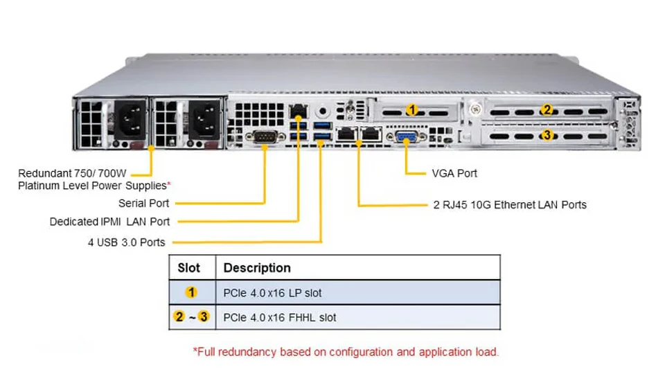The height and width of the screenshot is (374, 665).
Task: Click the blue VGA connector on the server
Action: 407,136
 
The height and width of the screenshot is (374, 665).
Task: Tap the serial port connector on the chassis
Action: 265,136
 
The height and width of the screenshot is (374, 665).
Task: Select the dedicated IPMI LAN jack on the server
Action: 298,111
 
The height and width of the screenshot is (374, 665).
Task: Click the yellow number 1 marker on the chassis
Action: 411,110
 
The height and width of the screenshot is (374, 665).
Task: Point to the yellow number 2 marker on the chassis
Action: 547,110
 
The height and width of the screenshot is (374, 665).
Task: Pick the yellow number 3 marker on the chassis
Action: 547,135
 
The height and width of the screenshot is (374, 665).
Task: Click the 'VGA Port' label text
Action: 454,173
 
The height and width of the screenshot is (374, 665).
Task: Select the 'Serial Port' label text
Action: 144,204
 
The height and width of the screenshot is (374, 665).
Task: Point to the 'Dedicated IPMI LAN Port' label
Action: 109,222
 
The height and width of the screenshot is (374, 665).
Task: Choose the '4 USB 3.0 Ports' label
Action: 126,242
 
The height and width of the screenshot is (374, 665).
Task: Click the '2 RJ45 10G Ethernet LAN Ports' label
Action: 510,205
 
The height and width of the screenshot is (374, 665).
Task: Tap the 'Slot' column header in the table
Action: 188,268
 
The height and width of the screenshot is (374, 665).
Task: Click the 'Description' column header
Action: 257,268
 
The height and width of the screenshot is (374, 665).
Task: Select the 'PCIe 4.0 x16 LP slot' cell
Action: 272,293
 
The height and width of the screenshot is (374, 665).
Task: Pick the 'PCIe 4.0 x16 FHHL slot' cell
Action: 279,318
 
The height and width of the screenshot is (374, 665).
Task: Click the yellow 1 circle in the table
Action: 191,292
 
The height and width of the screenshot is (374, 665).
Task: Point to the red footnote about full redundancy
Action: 346,352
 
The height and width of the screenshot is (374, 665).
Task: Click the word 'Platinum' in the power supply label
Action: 37,186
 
